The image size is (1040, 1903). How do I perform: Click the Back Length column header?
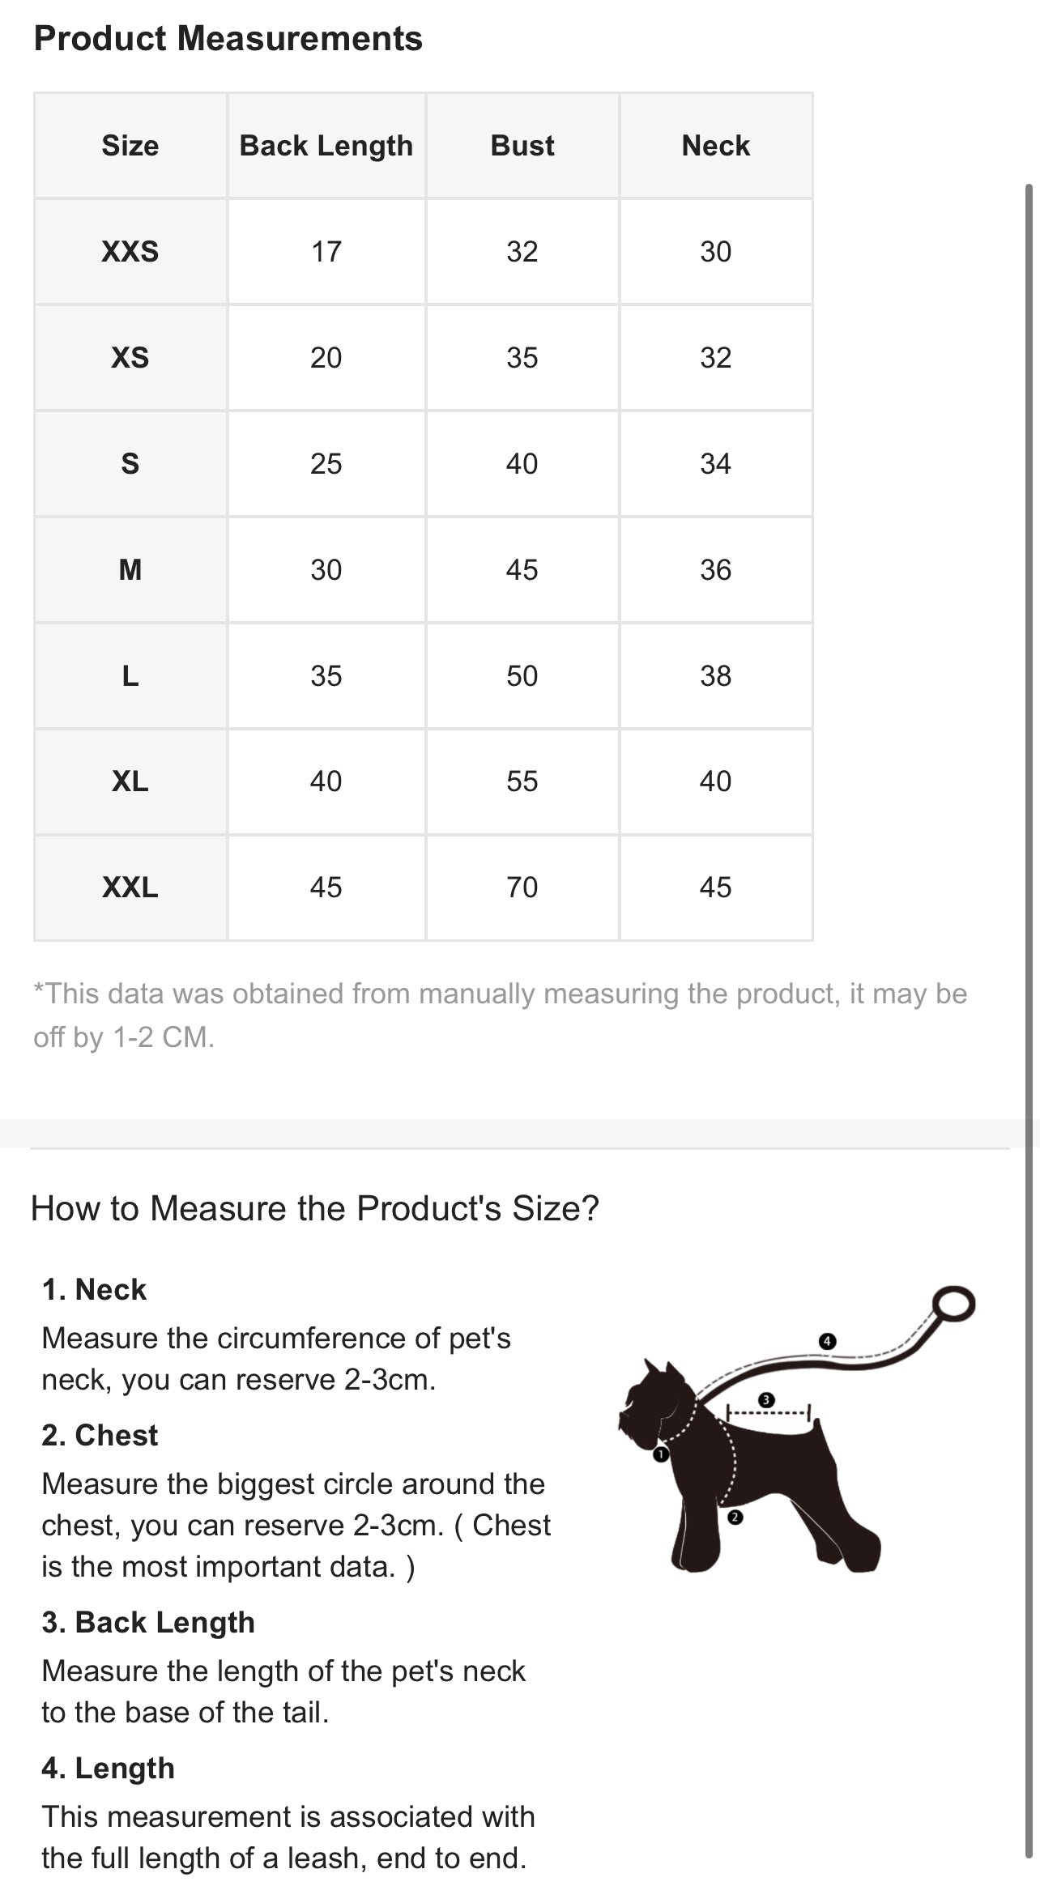point(326,146)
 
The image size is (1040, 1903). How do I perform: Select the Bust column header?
point(522,146)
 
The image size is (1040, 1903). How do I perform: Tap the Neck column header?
point(716,146)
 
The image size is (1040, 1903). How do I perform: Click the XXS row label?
point(130,252)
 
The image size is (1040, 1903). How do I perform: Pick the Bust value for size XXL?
point(522,888)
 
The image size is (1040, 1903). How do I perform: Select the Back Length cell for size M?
point(326,570)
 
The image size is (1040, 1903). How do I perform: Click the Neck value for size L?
point(716,676)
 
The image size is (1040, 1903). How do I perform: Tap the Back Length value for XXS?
point(326,252)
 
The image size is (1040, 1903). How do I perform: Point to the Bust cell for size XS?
point(522,358)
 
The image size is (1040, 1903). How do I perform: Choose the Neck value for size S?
point(716,464)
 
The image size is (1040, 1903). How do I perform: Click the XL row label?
point(130,781)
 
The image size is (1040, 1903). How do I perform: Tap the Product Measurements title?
point(228,38)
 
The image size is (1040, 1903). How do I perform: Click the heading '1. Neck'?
point(94,1289)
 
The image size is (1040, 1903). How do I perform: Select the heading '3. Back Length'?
point(148,1622)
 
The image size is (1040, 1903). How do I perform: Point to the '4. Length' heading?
point(109,1768)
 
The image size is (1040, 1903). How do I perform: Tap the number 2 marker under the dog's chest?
point(735,1518)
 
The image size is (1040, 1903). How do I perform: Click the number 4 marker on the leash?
point(826,1341)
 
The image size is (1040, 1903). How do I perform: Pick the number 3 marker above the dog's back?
point(766,1400)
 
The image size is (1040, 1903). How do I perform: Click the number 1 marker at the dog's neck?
point(661,1454)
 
